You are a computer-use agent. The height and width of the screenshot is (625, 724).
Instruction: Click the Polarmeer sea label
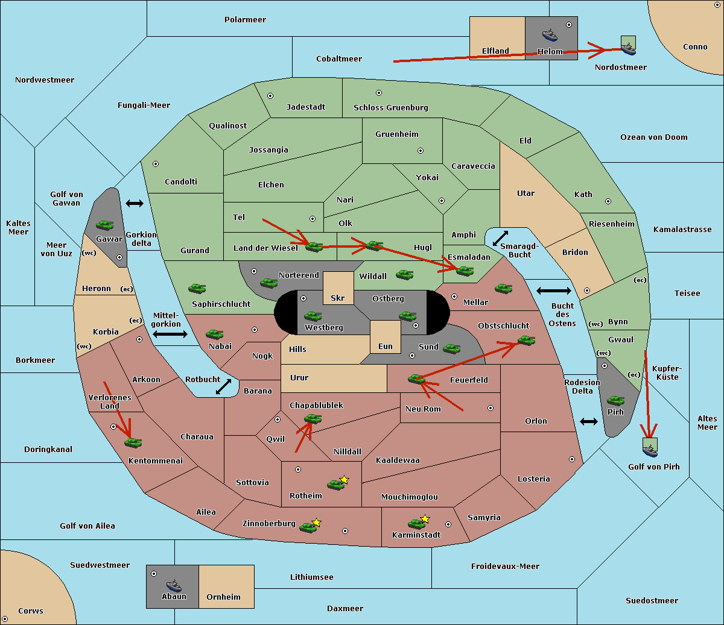[245, 20]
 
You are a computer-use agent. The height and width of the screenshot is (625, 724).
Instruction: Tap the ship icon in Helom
[550, 34]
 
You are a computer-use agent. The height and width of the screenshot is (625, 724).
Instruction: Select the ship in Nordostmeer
[628, 46]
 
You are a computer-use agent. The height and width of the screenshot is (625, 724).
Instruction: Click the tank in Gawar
[105, 225]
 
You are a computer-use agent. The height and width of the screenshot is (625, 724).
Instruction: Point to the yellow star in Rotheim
[345, 480]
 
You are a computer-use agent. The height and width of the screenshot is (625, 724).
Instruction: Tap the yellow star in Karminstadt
[425, 519]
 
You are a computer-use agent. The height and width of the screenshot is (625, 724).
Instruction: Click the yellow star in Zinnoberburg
[317, 523]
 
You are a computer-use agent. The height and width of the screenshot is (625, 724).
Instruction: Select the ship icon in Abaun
[174, 585]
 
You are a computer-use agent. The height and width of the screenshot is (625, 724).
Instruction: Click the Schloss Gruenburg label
[390, 108]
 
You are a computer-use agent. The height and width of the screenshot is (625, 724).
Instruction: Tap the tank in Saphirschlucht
[197, 289]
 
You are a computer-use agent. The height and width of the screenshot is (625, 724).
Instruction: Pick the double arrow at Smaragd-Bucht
[500, 238]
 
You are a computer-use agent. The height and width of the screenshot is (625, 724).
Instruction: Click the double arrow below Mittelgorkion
[170, 334]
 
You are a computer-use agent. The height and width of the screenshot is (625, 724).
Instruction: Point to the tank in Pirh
[615, 401]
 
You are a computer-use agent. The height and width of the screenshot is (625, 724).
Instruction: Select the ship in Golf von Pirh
[650, 447]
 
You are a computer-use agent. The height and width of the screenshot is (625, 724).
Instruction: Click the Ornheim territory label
[223, 597]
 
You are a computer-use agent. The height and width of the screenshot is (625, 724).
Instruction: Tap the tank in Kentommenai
[133, 443]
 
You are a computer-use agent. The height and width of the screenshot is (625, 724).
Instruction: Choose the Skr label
[337, 298]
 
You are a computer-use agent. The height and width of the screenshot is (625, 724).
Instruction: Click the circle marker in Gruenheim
[421, 151]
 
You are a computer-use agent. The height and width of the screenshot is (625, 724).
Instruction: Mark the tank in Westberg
[313, 316]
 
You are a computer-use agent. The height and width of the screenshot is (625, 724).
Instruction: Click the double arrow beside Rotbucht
[224, 386]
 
